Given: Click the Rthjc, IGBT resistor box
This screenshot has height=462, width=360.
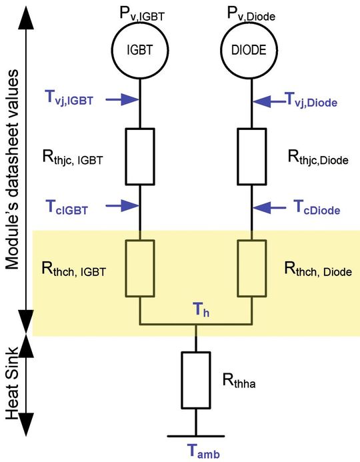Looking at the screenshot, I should (x=139, y=156).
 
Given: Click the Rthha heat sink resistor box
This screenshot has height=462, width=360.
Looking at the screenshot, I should (x=196, y=381).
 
